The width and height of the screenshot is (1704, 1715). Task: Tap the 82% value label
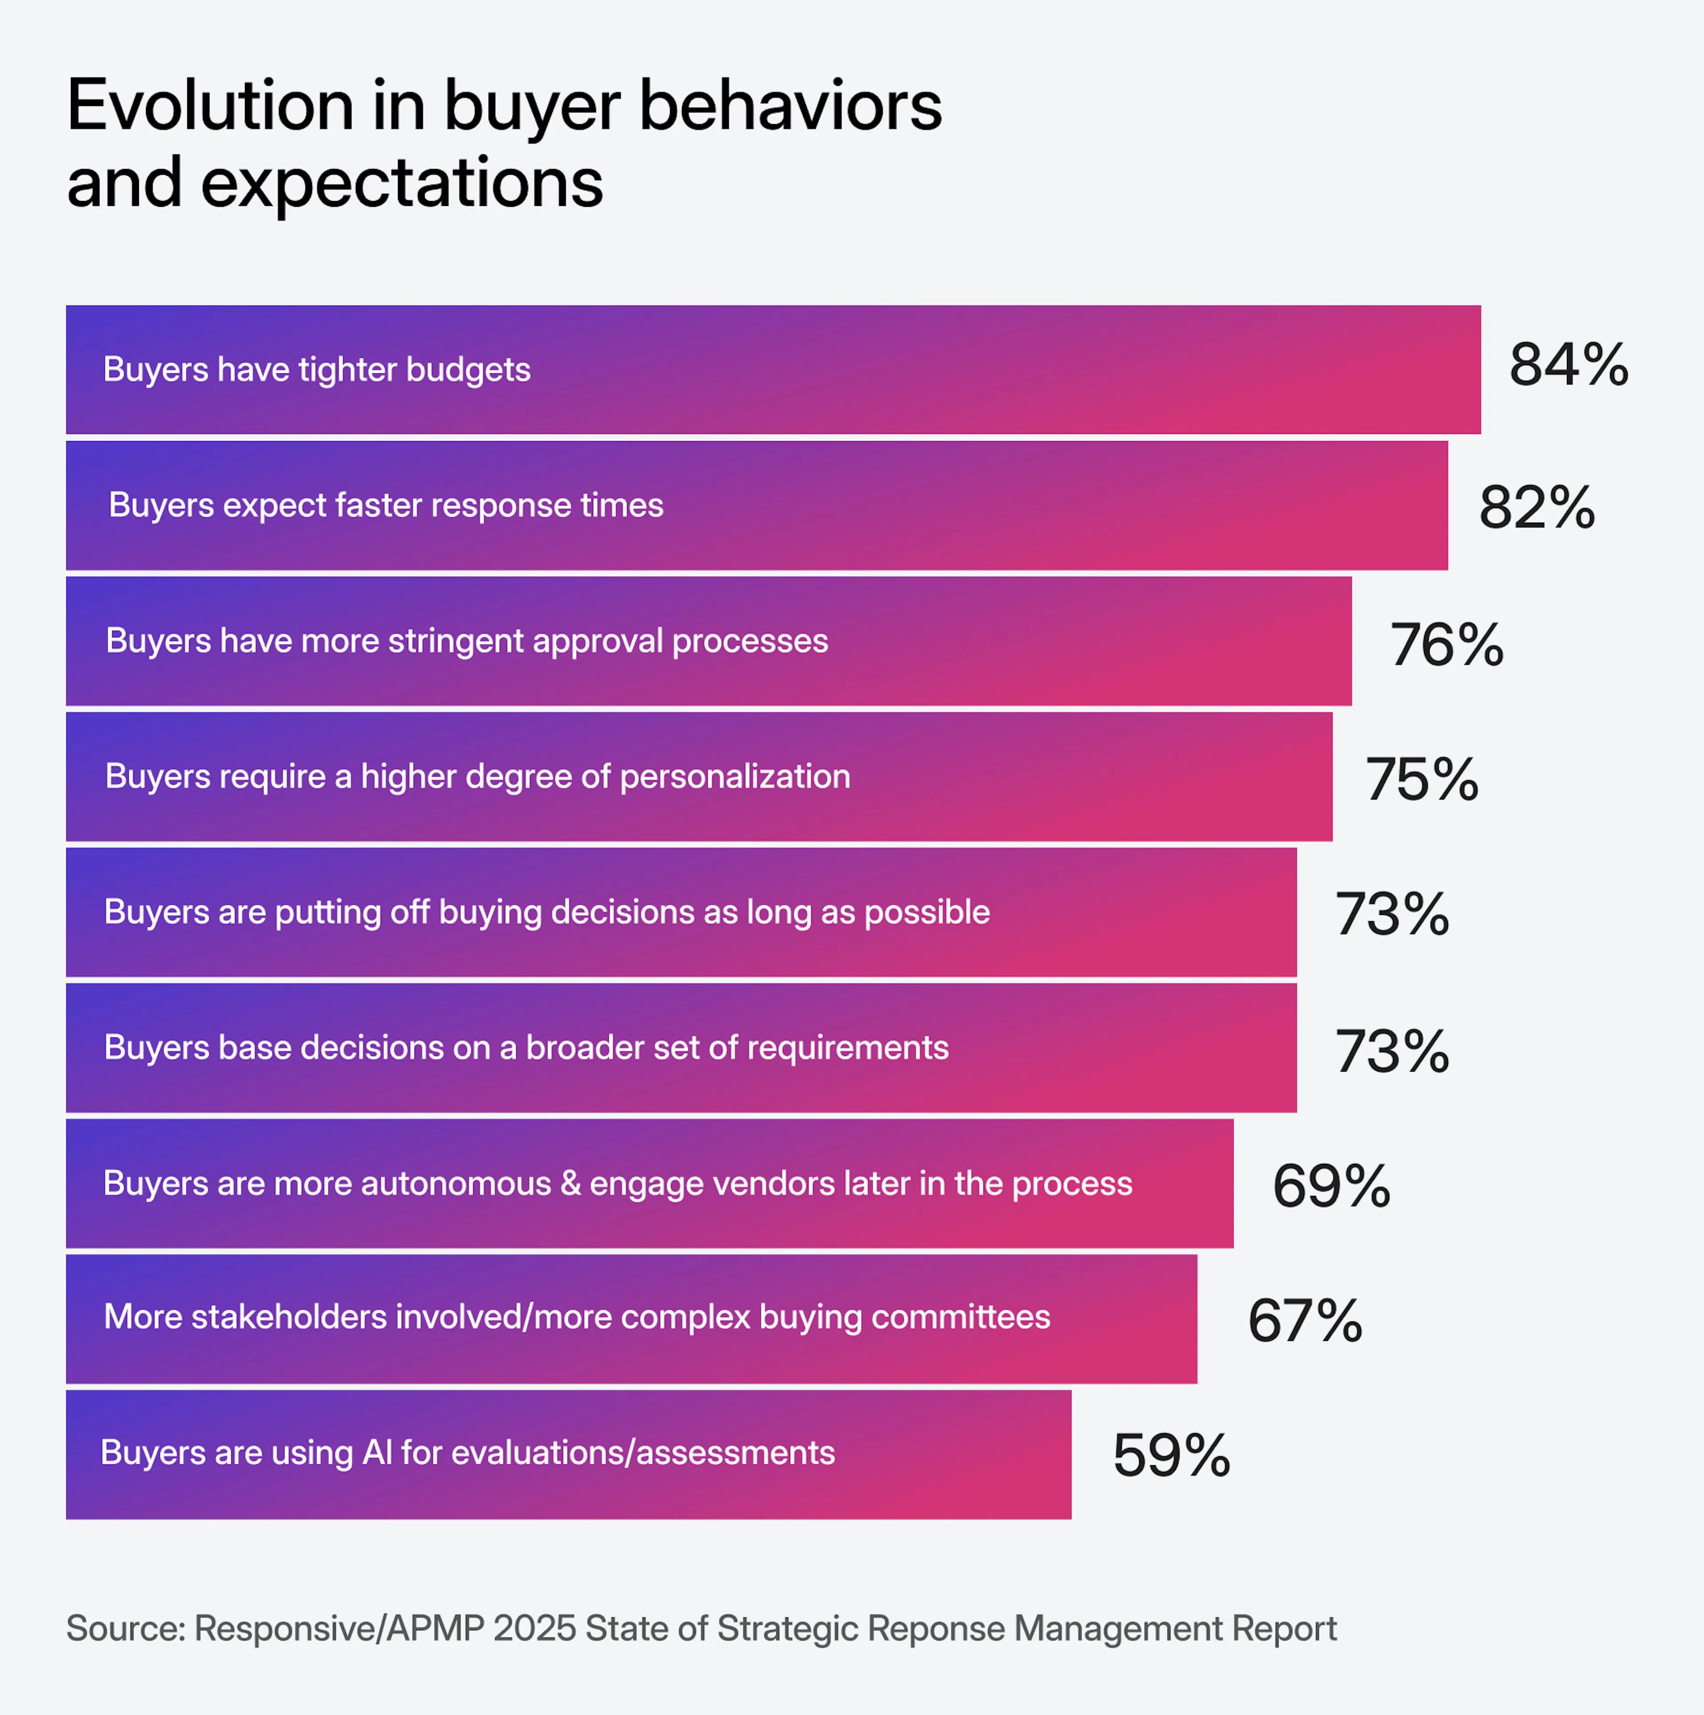(x=1536, y=509)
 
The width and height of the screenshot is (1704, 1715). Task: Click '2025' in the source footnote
(x=534, y=1629)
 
